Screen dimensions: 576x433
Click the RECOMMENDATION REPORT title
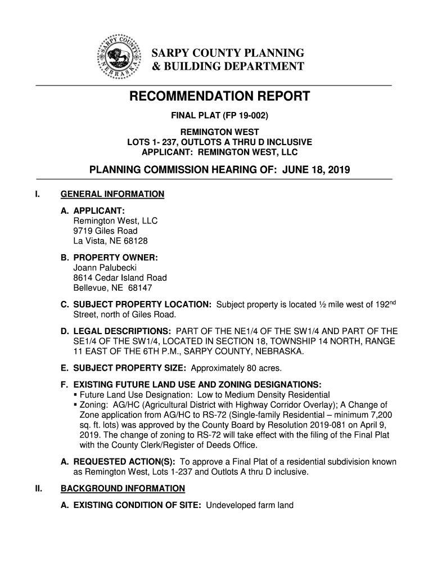point(219,97)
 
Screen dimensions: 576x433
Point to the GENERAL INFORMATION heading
point(112,195)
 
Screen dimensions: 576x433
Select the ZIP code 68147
point(139,288)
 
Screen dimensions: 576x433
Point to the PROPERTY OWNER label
point(115,258)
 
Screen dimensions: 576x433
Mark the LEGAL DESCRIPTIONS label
point(117,331)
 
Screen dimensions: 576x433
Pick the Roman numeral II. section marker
point(38,488)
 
